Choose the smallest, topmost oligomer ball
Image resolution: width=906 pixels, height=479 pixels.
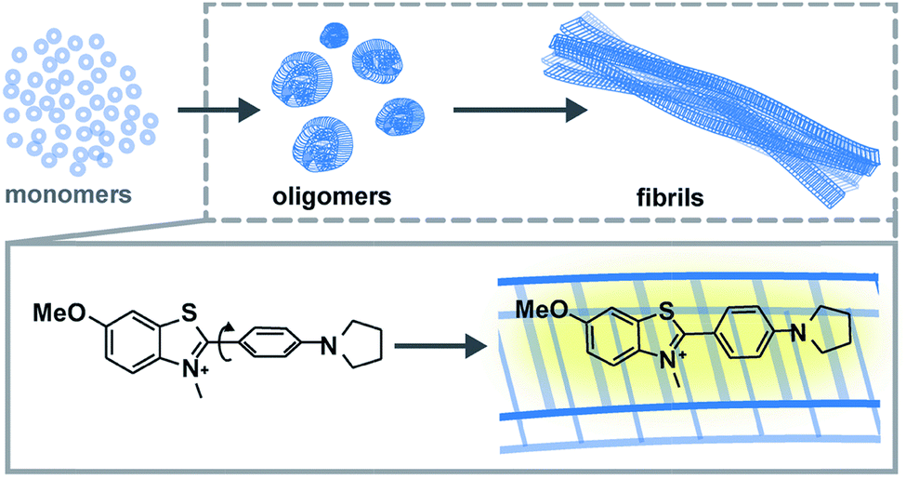pyautogui.click(x=332, y=35)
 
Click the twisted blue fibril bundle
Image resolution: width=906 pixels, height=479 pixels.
pyautogui.click(x=706, y=102)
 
